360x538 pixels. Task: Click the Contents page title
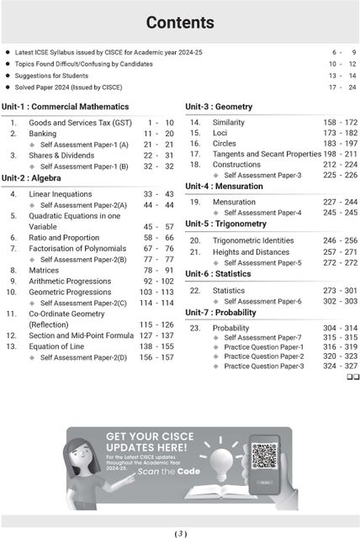(179, 23)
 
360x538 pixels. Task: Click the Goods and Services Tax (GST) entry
(77, 123)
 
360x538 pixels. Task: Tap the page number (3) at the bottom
(180, 533)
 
